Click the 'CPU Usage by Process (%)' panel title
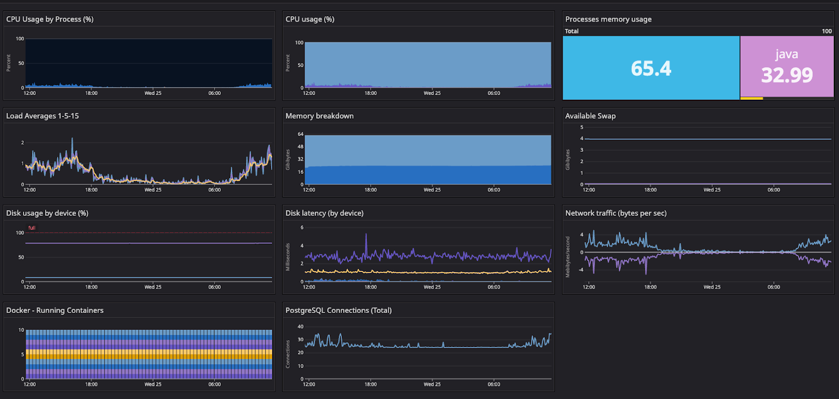[50, 19]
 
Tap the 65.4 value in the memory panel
[651, 68]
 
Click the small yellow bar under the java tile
[751, 98]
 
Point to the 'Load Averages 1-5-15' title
[42, 116]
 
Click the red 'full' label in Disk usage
[32, 228]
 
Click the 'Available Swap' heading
[590, 116]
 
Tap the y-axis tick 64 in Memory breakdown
[300, 134]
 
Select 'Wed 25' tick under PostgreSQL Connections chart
[432, 384]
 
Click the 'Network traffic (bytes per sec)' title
[616, 213]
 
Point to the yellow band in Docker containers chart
[149, 354]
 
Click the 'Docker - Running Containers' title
[55, 310]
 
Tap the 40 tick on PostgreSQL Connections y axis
[300, 327]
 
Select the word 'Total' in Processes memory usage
[572, 31]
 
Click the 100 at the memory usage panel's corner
[827, 31]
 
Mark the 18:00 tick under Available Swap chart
[650, 190]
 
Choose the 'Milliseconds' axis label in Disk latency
[287, 257]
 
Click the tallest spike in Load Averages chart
[72, 140]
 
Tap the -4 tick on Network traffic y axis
[580, 270]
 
